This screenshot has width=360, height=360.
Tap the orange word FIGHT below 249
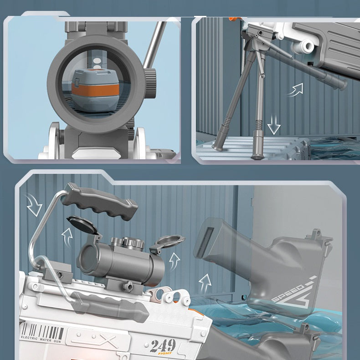point(165,353)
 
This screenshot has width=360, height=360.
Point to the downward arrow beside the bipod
point(273,125)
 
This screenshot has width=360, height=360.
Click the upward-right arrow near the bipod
point(296,90)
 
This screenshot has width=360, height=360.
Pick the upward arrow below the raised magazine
point(204,284)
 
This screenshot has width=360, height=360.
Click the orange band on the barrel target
point(95,89)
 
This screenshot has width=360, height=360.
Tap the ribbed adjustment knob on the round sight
point(150,84)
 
